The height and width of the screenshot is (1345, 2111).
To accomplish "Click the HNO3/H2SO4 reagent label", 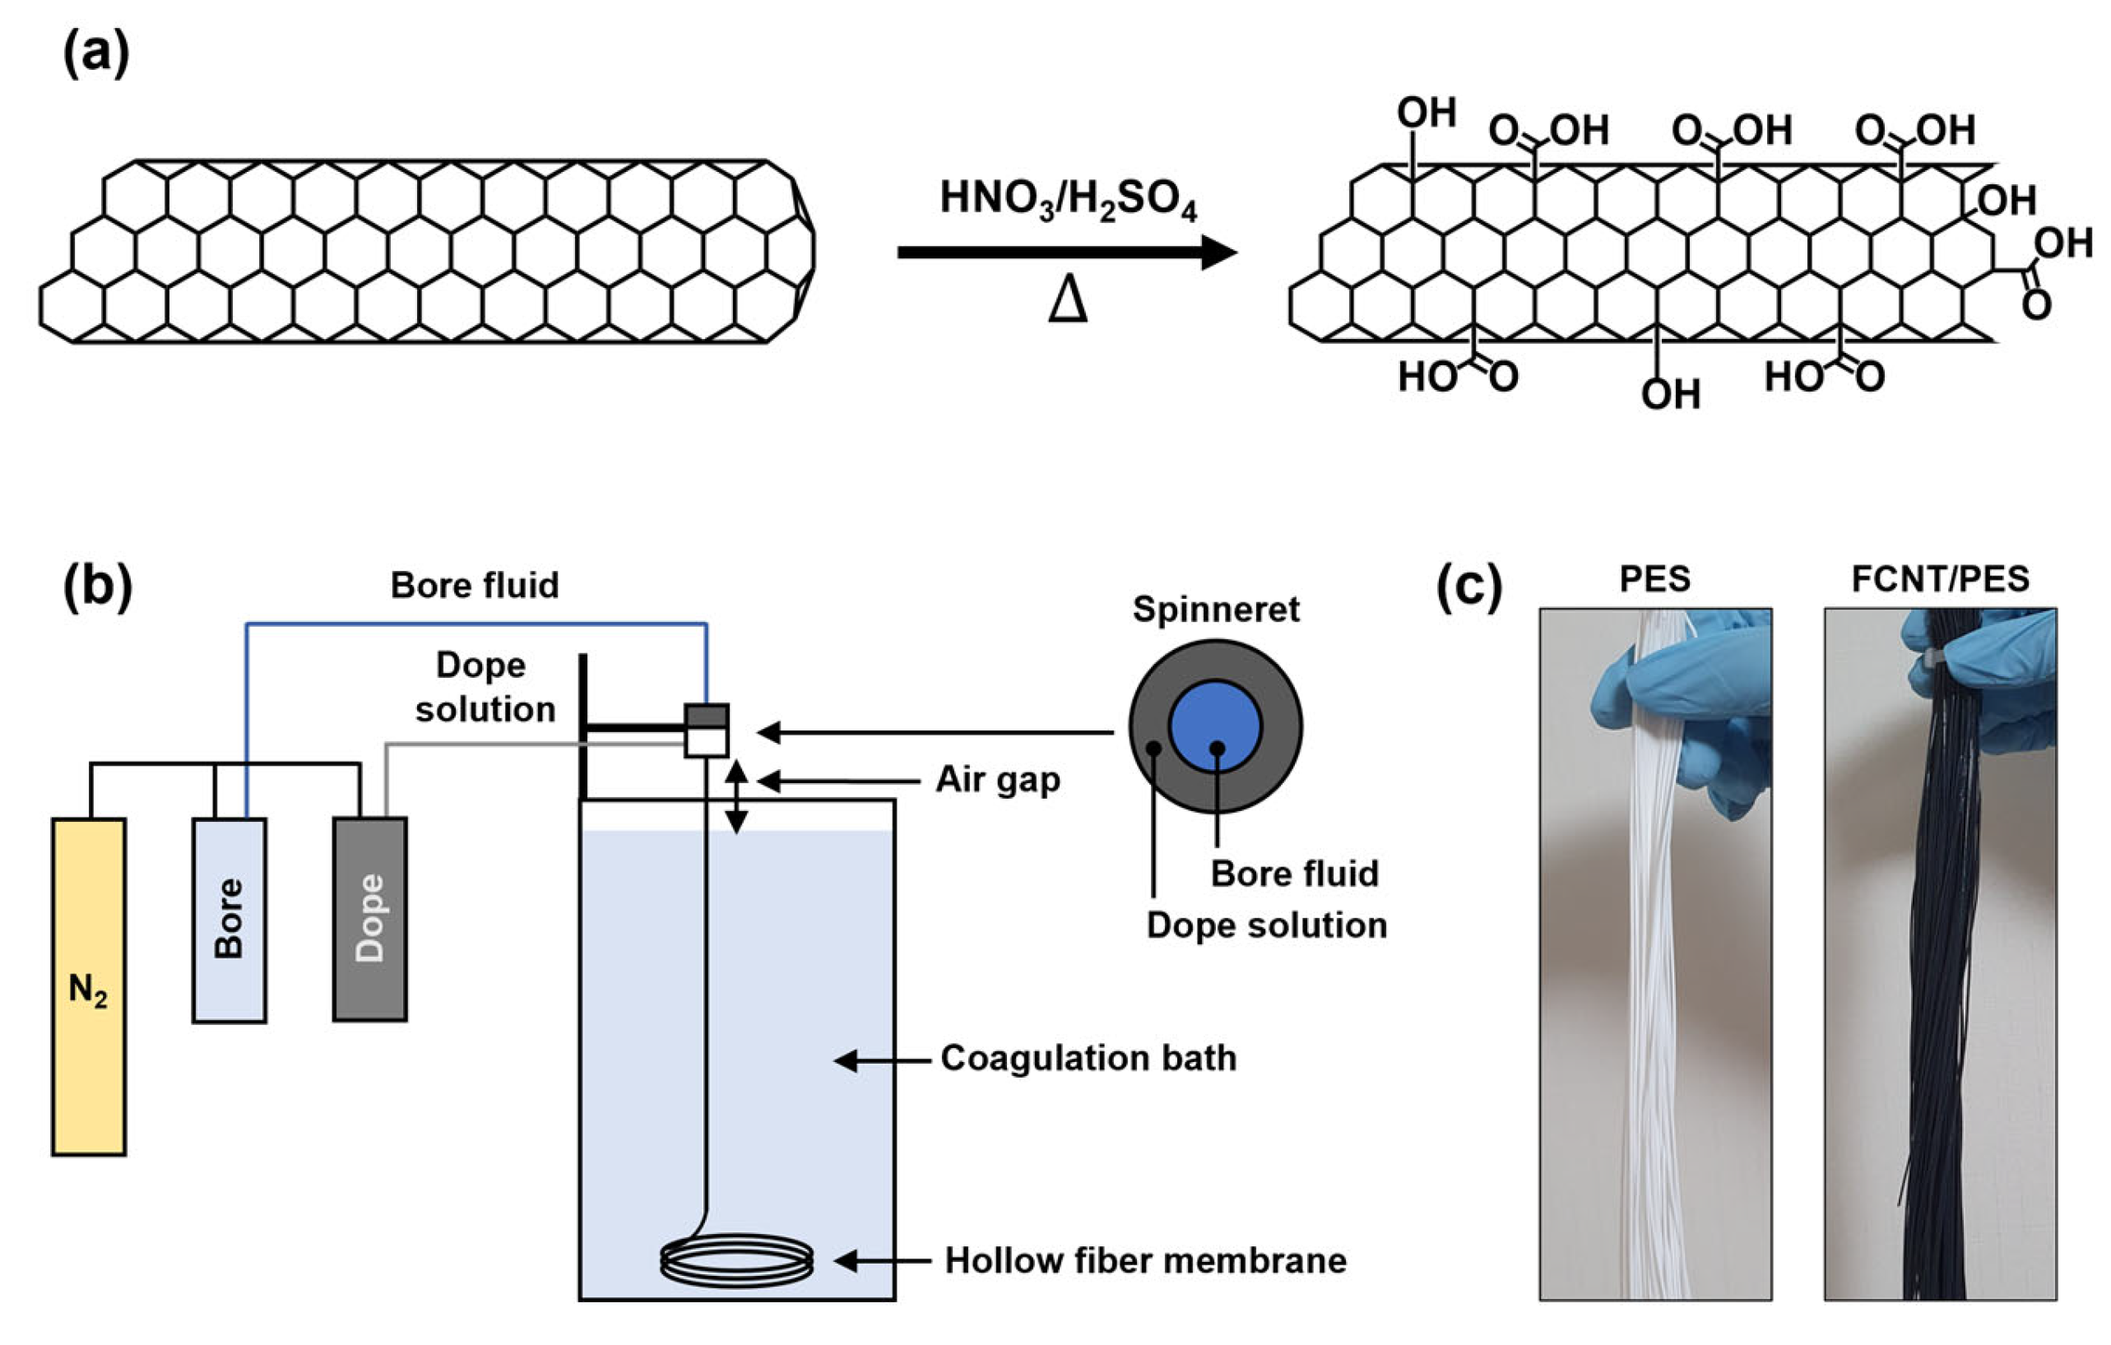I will pos(1067,200).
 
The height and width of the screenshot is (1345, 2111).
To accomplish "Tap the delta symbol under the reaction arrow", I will pos(1067,303).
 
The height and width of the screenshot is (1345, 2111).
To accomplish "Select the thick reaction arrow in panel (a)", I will pos(1065,253).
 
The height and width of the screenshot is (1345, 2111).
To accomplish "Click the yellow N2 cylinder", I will pos(89,986).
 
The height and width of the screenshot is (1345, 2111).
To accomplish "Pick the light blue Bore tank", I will pos(229,920).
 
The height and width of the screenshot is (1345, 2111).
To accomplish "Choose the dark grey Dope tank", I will pos(369,919).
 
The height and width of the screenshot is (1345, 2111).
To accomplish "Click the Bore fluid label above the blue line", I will pos(474,586).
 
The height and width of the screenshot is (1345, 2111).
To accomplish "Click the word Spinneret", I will pos(1215,610).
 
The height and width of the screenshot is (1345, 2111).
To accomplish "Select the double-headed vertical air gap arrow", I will pos(735,796).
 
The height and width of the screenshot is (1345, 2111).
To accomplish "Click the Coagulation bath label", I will pos(1088,1058).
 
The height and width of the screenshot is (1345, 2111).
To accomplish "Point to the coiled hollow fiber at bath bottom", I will pos(736,1261).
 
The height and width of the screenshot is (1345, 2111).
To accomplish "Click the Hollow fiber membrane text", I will pos(1145,1261).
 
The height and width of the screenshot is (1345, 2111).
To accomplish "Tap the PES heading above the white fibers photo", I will pos(1654,580).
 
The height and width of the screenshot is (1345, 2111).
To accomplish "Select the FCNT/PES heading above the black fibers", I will pos(1940,580).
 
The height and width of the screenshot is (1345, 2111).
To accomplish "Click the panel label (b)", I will pos(97,586).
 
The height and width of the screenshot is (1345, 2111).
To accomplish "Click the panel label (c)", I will pos(1469,586).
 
